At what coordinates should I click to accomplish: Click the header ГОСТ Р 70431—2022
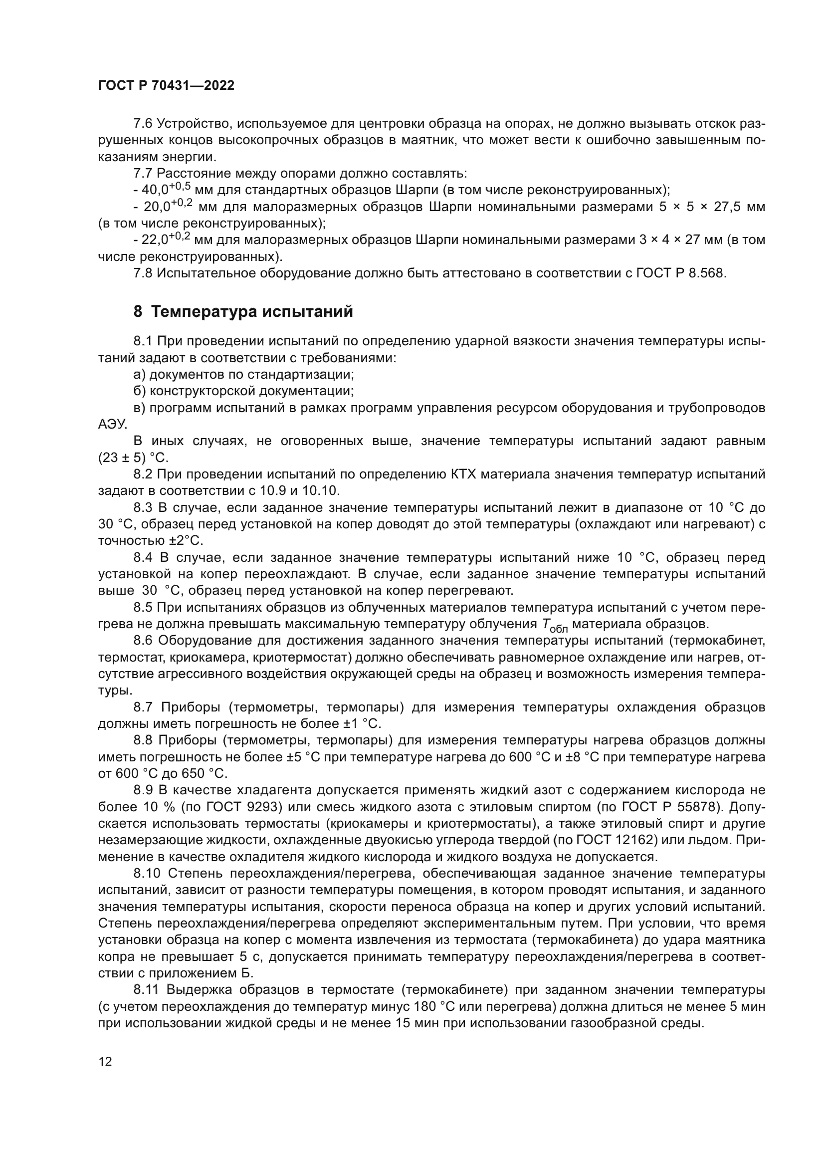tap(166, 85)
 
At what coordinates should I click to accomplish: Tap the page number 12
tap(105, 1061)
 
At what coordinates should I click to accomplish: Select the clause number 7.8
tap(143, 273)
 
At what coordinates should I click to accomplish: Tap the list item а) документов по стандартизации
tap(243, 375)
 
